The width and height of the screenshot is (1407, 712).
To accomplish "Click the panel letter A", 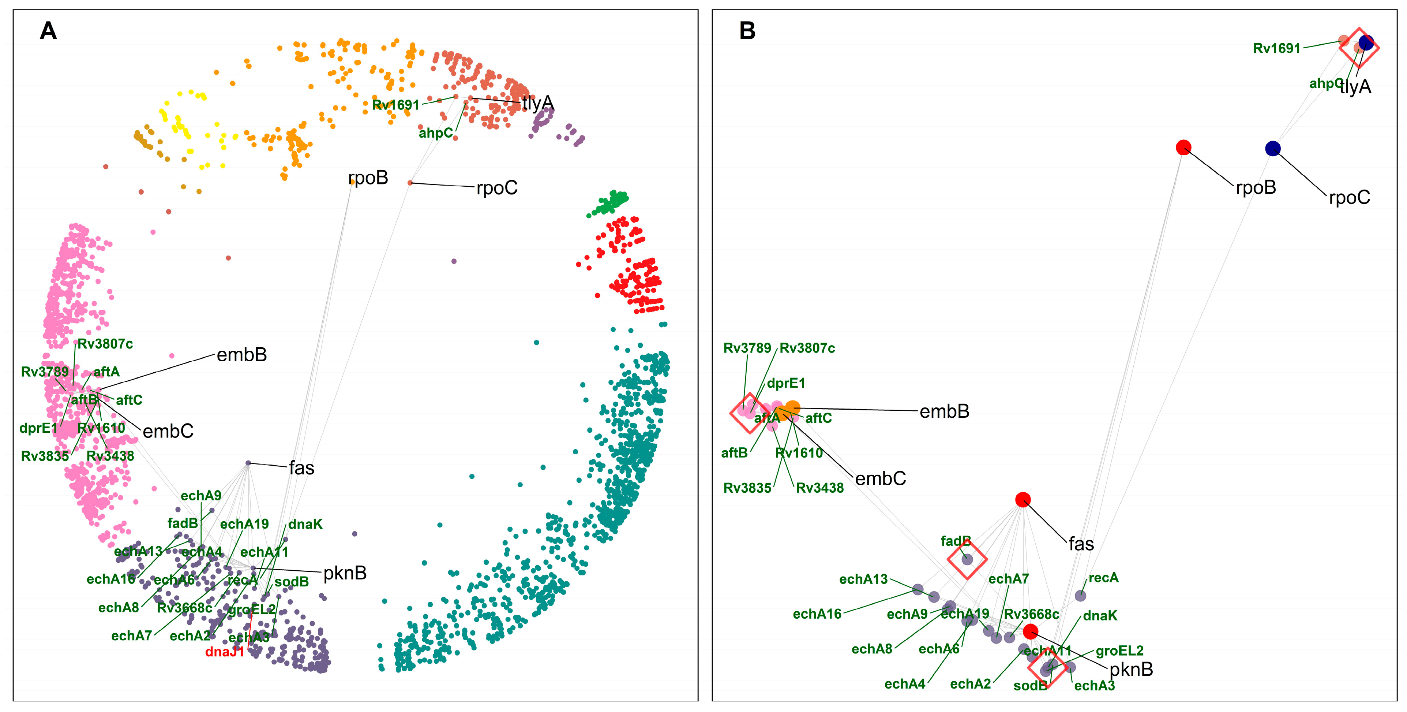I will (48, 31).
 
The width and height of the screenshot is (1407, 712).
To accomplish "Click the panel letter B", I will (747, 31).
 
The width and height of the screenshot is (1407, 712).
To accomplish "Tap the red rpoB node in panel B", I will (1183, 148).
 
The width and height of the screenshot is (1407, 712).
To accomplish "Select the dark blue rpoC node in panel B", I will (1273, 149).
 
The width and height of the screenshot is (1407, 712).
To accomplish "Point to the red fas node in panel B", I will (1023, 499).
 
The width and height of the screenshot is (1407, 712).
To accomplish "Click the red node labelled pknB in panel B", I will (1030, 632).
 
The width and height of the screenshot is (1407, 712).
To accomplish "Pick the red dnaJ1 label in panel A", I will (225, 652).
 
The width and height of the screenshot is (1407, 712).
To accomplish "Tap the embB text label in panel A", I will (241, 355).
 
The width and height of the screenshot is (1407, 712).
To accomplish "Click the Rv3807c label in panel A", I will (105, 344).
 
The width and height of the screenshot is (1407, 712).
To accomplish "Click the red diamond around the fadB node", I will (967, 560).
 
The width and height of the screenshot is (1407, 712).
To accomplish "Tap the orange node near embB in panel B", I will (792, 408).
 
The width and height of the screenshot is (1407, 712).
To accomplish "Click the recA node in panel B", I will (1080, 596).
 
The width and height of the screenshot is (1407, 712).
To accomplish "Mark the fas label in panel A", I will (301, 468).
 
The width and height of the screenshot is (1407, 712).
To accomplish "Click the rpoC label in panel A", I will (496, 188).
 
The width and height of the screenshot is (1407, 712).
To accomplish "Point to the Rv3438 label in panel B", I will (819, 488).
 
